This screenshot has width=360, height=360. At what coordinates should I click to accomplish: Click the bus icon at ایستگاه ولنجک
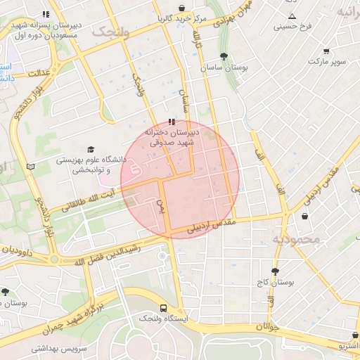[x=163, y=308]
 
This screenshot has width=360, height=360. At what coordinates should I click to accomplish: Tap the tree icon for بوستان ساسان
[x=224, y=56]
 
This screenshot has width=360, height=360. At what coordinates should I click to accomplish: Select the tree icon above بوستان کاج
[x=274, y=271]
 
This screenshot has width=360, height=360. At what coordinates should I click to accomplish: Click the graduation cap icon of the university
[x=90, y=149]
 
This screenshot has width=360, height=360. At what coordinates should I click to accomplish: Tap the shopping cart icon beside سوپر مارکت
[x=326, y=51]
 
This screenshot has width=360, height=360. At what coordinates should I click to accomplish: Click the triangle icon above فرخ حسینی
[x=292, y=16]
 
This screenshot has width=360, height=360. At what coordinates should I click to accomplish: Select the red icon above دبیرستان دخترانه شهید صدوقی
[x=172, y=122]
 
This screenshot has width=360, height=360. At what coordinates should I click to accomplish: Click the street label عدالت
[x=39, y=72]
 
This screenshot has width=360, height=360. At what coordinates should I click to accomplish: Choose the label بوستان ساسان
[x=224, y=68]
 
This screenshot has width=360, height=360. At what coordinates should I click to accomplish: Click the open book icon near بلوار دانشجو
[x=30, y=167]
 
